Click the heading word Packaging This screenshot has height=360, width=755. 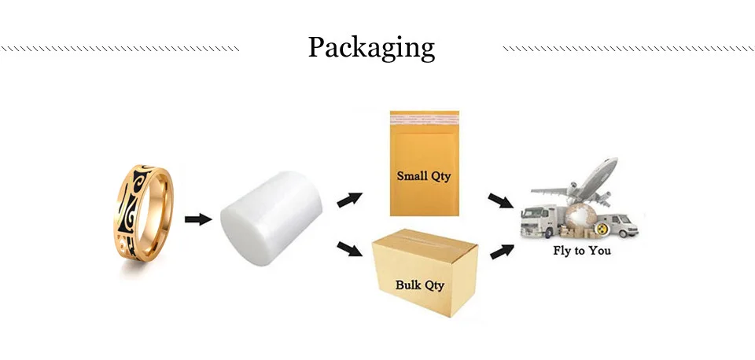[x=370, y=49]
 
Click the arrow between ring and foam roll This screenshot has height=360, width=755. [x=198, y=218]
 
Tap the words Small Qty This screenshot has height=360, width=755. [x=424, y=176]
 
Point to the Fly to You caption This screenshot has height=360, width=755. [x=581, y=251]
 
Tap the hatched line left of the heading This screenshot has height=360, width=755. [x=120, y=49]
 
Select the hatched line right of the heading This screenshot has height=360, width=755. [x=627, y=49]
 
